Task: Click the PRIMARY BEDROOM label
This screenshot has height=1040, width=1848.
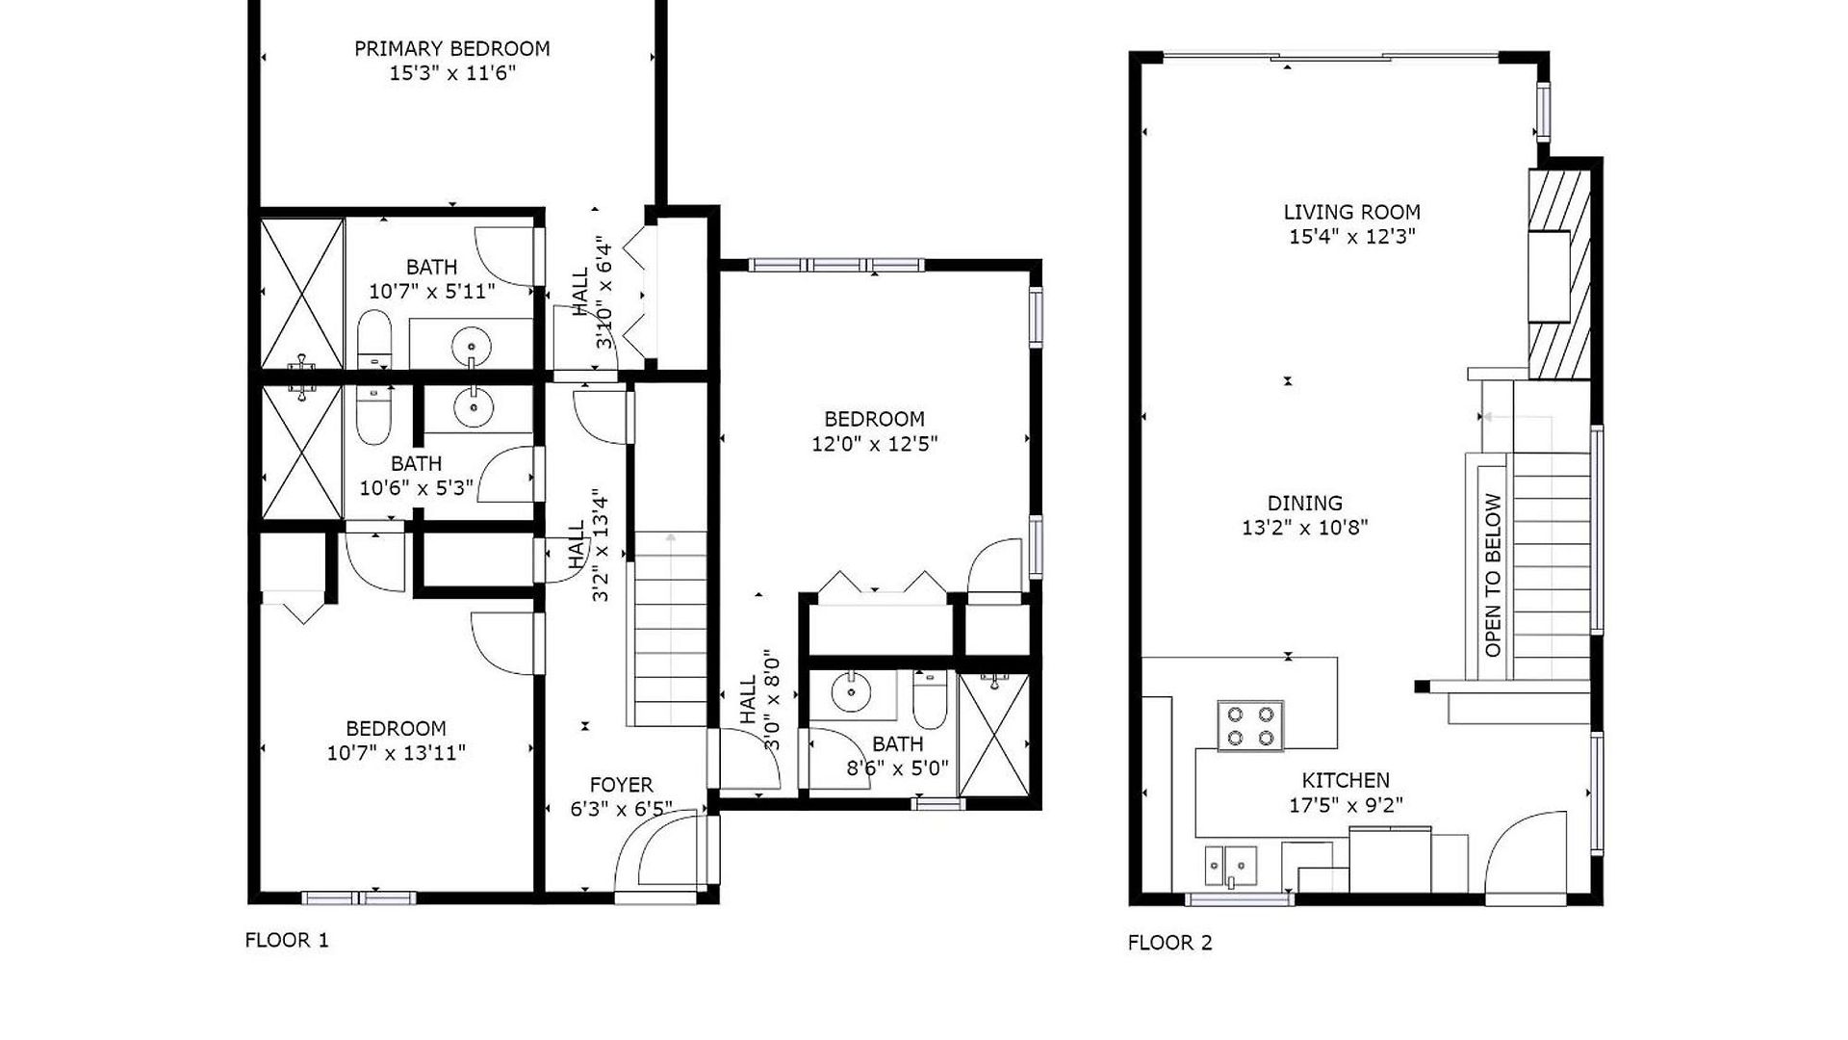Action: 451,48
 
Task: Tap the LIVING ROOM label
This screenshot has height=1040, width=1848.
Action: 1351,212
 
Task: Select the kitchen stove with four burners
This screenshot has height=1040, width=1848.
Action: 1250,726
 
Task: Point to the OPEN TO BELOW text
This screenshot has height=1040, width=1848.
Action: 1493,575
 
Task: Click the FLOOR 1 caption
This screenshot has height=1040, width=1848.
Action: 287,940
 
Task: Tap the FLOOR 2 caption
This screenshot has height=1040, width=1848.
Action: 1169,943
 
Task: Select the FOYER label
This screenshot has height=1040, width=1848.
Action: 621,785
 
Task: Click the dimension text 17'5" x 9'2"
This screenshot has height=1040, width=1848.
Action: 1346,805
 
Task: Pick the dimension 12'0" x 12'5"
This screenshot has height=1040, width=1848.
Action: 874,444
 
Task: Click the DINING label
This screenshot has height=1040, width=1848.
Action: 1304,503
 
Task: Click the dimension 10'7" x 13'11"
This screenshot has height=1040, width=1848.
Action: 396,753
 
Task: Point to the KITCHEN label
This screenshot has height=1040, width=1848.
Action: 1346,780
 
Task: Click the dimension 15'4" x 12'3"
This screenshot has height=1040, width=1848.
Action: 1351,237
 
